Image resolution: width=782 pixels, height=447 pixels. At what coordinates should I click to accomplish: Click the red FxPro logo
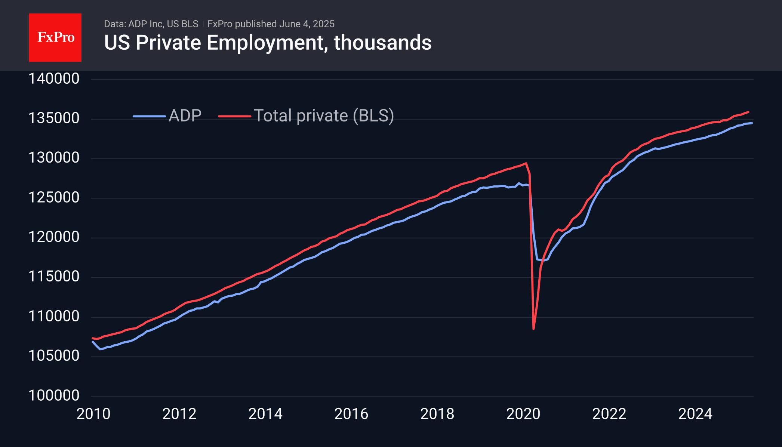point(55,38)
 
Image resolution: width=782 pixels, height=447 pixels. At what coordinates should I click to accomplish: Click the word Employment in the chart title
point(265,43)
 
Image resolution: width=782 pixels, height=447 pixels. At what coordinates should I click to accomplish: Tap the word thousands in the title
point(382,43)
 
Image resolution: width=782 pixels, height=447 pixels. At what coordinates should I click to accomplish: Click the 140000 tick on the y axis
point(54,79)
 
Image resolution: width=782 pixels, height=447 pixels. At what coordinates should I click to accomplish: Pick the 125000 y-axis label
point(54,198)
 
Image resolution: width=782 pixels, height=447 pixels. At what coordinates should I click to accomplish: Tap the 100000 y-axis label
point(54,395)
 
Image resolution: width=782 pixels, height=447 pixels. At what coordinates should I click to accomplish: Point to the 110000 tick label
point(54,317)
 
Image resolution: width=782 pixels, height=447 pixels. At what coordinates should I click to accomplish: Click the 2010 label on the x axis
point(93,414)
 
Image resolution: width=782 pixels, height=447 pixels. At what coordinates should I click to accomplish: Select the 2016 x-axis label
point(351,414)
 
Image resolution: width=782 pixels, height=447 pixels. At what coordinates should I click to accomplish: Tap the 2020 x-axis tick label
point(523,414)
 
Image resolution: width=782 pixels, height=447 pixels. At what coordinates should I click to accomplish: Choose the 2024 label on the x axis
point(695,414)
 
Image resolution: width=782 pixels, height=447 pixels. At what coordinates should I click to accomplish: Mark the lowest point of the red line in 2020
point(533,329)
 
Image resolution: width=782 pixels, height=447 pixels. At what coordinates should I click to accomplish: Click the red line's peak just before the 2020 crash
point(526,163)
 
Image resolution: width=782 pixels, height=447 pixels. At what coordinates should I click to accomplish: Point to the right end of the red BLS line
point(748,112)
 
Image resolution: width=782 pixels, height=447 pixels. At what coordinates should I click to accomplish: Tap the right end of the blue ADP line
point(752,123)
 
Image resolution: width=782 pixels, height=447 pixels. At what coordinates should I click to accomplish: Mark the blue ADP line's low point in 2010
point(100,349)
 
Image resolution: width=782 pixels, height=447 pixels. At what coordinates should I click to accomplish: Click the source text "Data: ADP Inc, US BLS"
point(151,24)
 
